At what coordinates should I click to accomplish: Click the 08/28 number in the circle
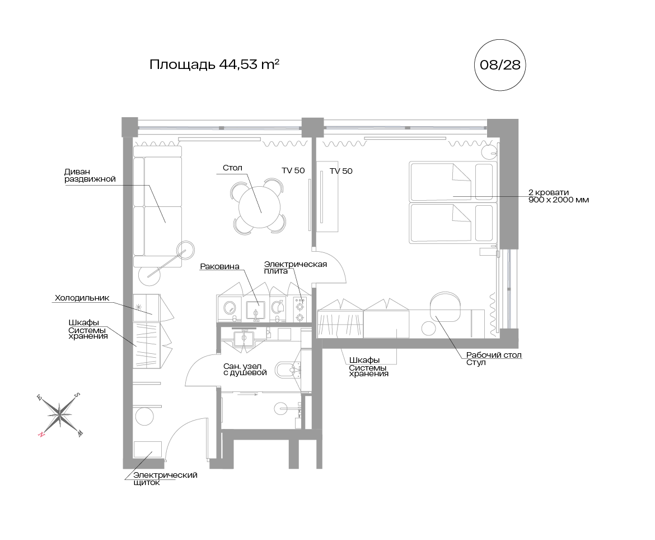click(x=500, y=65)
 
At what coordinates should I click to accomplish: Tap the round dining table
click(x=259, y=206)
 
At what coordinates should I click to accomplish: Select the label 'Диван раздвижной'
click(x=90, y=176)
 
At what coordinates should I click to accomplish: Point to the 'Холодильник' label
click(x=82, y=298)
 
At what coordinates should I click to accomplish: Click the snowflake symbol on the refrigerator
click(x=139, y=307)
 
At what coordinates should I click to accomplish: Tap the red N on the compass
click(x=41, y=434)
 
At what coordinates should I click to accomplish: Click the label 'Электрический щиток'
click(x=165, y=478)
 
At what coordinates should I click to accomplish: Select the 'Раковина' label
click(x=219, y=266)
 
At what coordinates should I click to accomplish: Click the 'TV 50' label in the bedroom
click(x=341, y=171)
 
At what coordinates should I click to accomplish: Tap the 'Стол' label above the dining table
click(x=232, y=168)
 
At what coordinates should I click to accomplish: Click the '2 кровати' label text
click(x=549, y=192)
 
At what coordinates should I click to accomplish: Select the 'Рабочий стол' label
click(x=494, y=355)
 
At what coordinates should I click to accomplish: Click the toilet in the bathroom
click(x=288, y=370)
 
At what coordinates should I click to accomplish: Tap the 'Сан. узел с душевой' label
click(x=245, y=370)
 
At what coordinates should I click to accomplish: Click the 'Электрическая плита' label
click(x=296, y=267)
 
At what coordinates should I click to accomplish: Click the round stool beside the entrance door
click(x=144, y=416)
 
